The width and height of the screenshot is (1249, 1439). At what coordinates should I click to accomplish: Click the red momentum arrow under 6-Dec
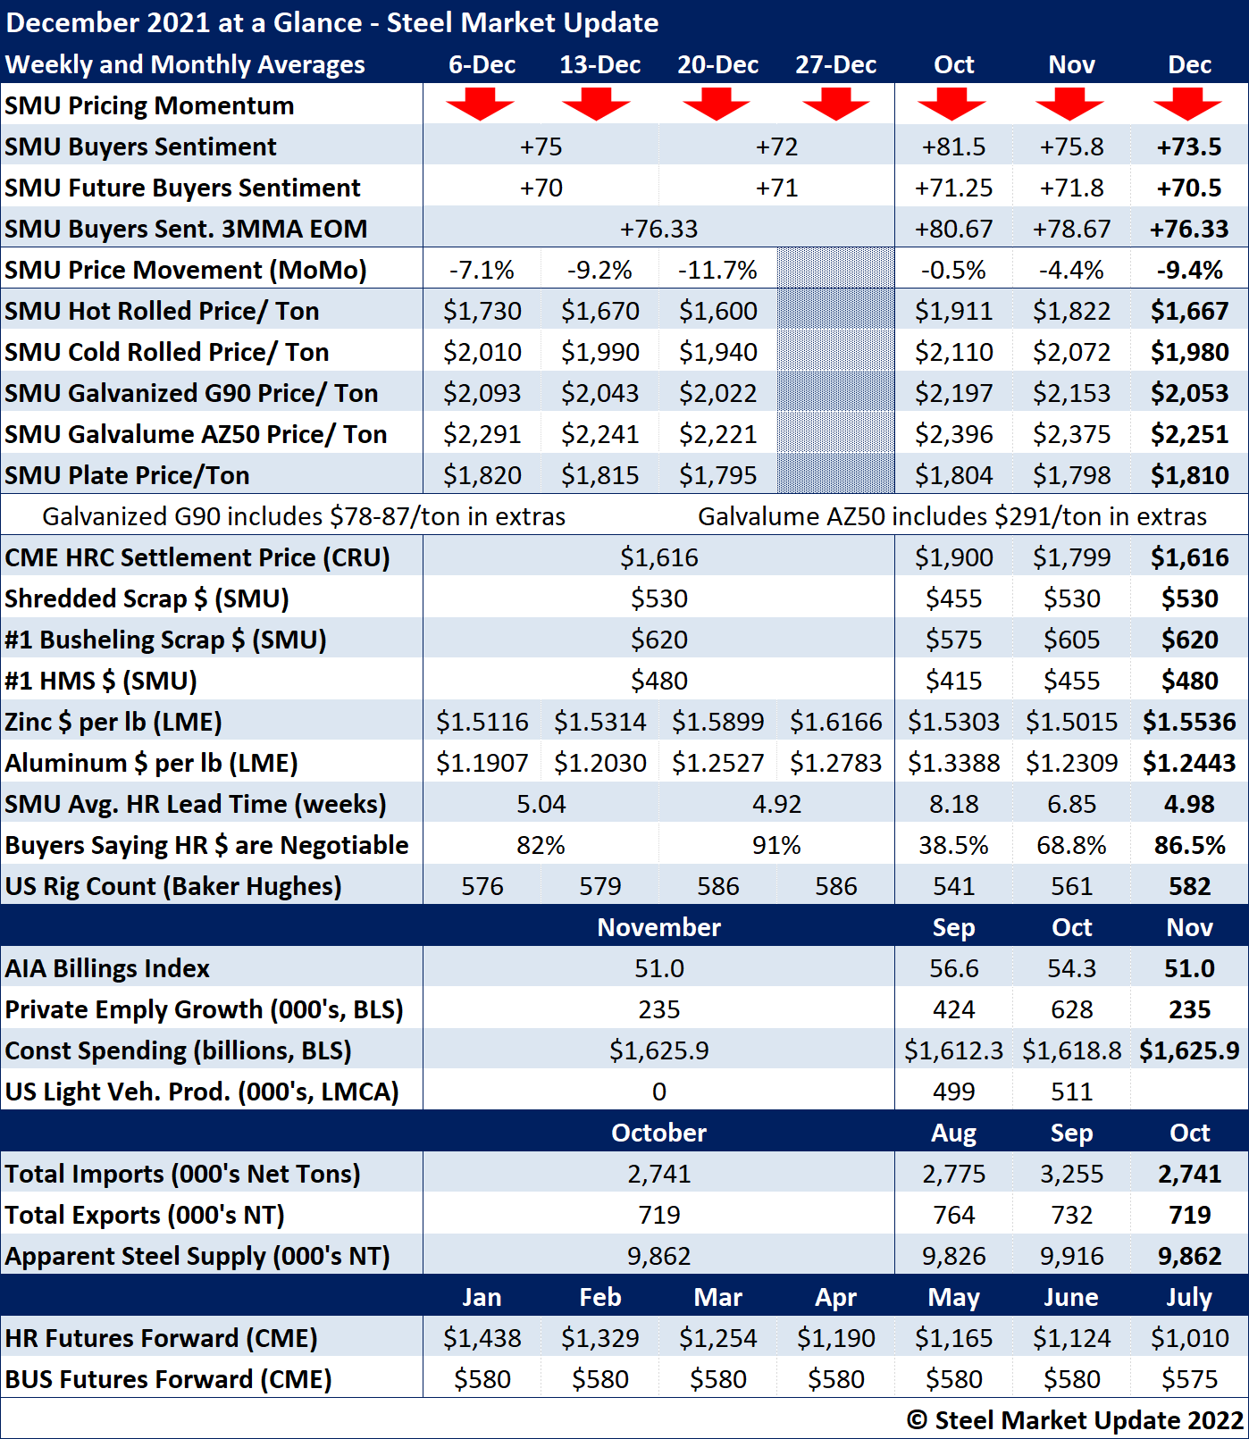click(x=481, y=105)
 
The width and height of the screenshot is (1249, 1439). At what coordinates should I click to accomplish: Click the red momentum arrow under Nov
click(x=1070, y=105)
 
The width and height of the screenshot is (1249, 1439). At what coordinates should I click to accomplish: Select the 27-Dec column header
click(x=835, y=65)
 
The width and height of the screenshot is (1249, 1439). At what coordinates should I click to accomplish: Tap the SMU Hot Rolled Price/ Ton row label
click(x=162, y=311)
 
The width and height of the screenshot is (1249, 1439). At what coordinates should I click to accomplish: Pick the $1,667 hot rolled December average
click(x=1189, y=311)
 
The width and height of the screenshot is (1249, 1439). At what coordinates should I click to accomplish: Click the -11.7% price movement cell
click(x=717, y=270)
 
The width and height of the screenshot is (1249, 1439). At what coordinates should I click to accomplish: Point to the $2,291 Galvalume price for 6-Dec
click(x=482, y=434)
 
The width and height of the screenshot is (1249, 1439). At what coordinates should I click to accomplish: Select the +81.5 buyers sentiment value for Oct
click(x=953, y=146)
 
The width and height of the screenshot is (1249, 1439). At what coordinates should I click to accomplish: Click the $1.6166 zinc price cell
click(x=835, y=722)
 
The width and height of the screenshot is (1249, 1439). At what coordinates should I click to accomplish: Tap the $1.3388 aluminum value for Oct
click(x=953, y=763)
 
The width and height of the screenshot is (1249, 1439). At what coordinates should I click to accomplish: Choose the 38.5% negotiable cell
click(x=953, y=845)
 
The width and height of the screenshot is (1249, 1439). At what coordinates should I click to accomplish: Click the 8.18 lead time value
click(x=953, y=804)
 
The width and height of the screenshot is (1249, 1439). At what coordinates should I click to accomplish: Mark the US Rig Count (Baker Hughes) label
click(x=173, y=886)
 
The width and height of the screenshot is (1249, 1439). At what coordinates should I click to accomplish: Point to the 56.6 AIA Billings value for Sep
click(x=953, y=968)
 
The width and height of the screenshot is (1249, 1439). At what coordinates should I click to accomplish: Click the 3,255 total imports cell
click(x=1071, y=1174)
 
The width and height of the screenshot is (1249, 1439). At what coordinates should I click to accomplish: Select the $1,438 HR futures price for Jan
click(x=482, y=1338)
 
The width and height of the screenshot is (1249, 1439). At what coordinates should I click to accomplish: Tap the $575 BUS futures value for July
click(x=1189, y=1379)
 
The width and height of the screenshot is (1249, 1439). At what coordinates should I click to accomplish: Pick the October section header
click(x=658, y=1133)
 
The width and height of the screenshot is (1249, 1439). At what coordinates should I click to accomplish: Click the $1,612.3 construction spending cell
click(x=953, y=1050)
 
